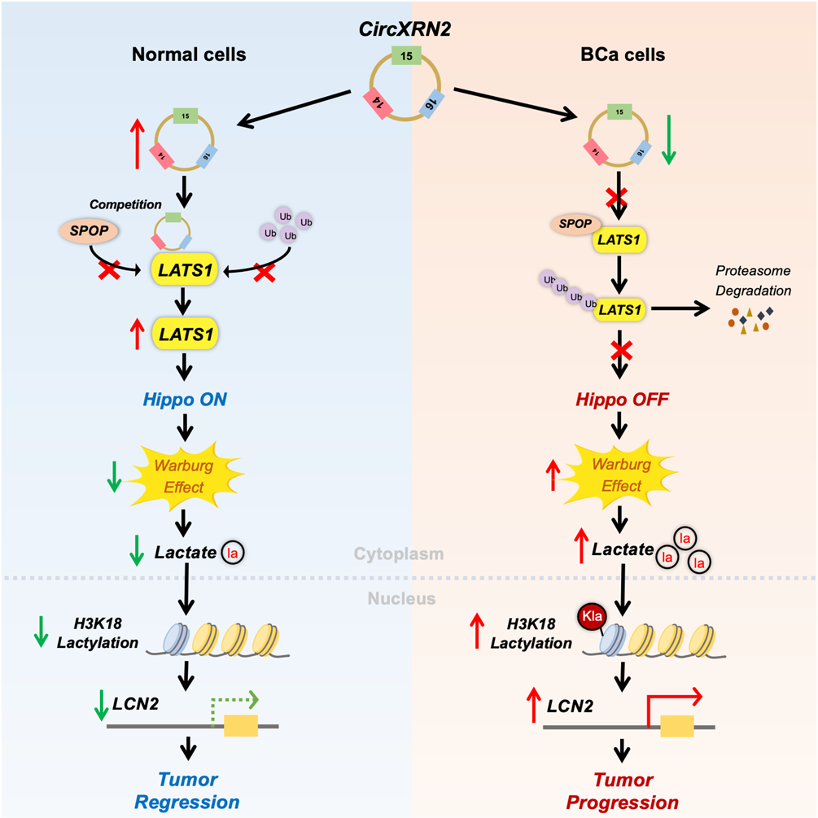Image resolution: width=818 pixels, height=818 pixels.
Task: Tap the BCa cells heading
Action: pos(624,55)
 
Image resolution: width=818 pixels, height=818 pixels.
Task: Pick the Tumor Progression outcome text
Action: pos(624,790)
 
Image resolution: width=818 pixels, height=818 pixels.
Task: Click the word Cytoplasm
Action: pos(399,554)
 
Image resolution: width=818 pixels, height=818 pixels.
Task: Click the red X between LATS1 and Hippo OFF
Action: pos(622,350)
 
